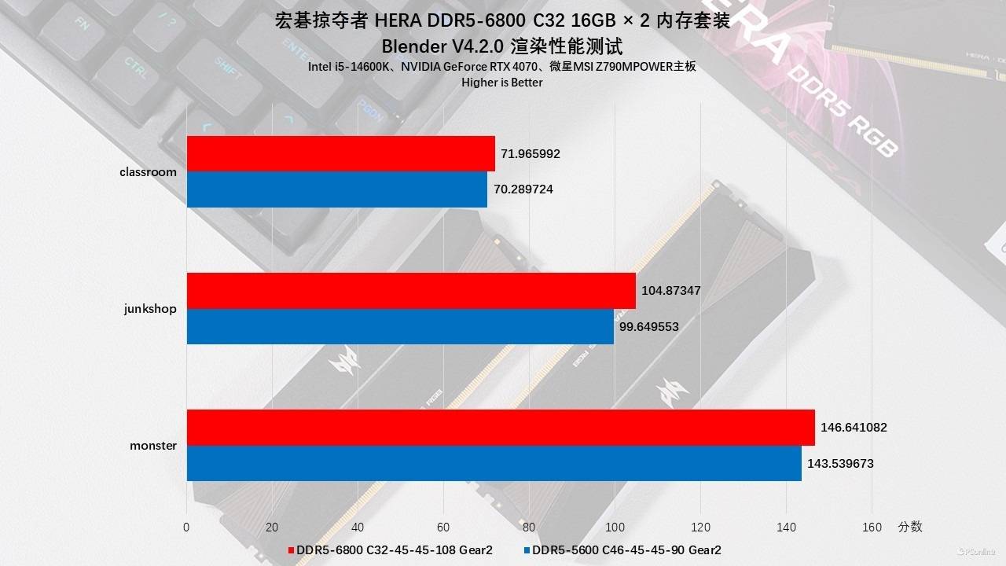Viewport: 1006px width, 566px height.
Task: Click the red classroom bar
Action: point(340,153)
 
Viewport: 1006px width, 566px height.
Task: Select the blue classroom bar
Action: point(336,189)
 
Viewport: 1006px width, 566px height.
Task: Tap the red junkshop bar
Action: point(411,291)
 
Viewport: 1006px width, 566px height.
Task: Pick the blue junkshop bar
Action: point(400,326)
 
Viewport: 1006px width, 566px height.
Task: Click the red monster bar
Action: point(501,428)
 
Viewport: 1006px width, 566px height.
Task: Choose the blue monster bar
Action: point(494,463)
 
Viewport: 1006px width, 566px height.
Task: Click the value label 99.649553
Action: point(648,327)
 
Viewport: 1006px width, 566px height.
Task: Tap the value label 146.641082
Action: point(854,428)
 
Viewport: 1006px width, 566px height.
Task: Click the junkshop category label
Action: point(150,309)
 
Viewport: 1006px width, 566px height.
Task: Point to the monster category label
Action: point(153,446)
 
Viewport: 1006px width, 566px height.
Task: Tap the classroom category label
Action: point(148,172)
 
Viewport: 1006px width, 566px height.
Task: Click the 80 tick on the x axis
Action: point(529,527)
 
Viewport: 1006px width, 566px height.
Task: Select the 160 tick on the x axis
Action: point(872,527)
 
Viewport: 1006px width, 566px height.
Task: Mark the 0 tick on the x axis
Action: point(186,527)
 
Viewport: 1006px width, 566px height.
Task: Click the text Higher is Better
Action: point(502,83)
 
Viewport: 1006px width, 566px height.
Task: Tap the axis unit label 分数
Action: point(910,527)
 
